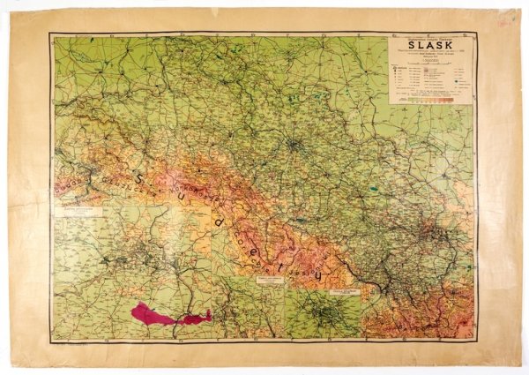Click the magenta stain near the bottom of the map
[x=168, y=314]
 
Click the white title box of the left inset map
[x=80, y=212]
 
